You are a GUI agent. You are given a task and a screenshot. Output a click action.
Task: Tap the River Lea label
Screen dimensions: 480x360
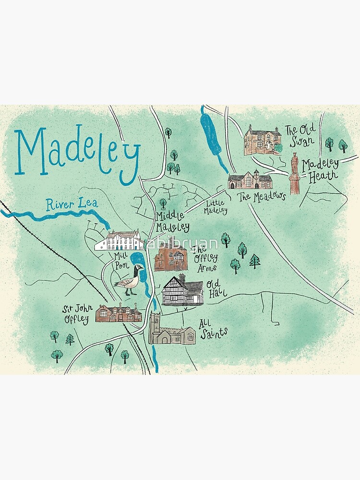point(72,204)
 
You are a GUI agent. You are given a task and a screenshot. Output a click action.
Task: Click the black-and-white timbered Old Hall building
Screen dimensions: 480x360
point(182,290)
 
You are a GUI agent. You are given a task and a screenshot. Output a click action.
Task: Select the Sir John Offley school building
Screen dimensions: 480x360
point(119,312)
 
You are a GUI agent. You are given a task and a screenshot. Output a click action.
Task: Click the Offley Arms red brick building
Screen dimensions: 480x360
point(170,254)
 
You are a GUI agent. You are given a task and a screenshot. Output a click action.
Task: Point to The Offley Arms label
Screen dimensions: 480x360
point(205,258)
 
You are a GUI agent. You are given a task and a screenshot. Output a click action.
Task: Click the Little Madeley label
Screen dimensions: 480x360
point(215,207)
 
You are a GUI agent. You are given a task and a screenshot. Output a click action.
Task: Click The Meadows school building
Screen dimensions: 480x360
point(250,180)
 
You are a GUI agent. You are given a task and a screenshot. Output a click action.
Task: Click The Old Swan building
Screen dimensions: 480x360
point(262,140)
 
